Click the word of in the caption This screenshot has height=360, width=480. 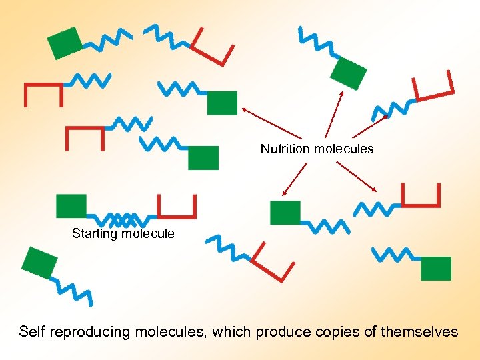(371, 331)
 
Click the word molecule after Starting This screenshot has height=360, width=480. (147, 233)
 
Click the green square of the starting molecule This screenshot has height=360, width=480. (71, 205)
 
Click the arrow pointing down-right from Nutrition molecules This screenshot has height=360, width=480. (357, 176)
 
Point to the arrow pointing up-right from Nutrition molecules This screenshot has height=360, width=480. (370, 126)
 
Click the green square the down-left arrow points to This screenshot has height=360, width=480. (285, 212)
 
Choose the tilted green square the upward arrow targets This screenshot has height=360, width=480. (349, 73)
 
